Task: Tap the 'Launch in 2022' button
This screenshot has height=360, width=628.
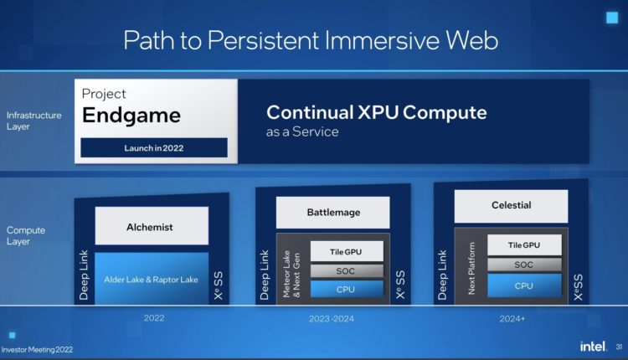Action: tap(153, 148)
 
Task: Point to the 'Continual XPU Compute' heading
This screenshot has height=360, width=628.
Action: tap(376, 112)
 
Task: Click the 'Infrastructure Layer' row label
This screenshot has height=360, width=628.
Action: tap(33, 121)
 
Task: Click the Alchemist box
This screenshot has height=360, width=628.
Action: tap(151, 225)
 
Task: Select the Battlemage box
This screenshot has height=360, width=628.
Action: tap(332, 213)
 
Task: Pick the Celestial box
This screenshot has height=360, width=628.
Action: tap(511, 205)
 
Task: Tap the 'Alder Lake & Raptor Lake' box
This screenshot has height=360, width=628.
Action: tap(151, 279)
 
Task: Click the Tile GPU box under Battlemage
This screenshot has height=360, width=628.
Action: tap(347, 251)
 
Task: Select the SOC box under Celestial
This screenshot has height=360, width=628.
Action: tap(523, 265)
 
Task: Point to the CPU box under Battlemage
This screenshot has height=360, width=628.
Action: tap(347, 289)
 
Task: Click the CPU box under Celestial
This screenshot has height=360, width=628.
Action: tap(523, 285)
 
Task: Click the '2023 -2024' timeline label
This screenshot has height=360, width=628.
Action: tap(332, 319)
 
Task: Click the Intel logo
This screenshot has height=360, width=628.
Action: tap(593, 346)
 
